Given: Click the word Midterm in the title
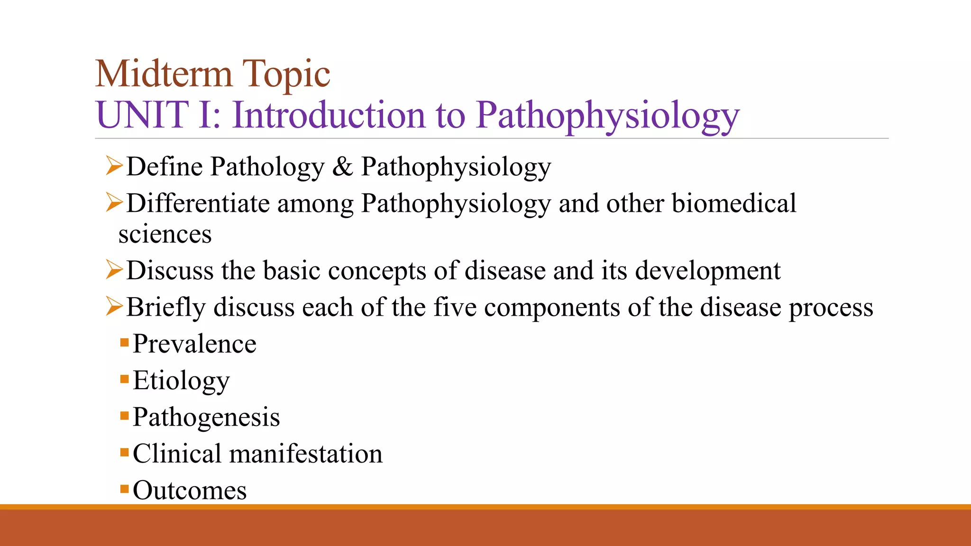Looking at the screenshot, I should click(x=164, y=74).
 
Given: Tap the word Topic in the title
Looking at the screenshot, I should click(x=286, y=75).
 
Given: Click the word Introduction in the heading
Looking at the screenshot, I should click(x=329, y=115).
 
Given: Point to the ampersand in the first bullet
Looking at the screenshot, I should click(x=342, y=167).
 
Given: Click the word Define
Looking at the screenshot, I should click(x=165, y=167).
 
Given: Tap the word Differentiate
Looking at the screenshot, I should click(x=198, y=203).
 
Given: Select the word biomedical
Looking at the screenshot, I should click(x=734, y=203).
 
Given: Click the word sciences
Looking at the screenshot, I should click(x=165, y=235).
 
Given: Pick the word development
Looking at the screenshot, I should click(x=707, y=271).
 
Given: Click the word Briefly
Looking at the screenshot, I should click(x=166, y=308).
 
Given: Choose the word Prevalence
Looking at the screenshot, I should click(x=194, y=344).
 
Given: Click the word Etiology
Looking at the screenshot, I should click(x=181, y=381).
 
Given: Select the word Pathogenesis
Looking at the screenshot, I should click(x=206, y=417).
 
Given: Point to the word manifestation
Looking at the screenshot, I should click(x=306, y=454).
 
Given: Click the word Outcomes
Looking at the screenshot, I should click(x=190, y=490).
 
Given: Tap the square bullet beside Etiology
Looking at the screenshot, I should click(x=125, y=379).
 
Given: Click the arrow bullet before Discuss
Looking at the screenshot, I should click(x=114, y=270).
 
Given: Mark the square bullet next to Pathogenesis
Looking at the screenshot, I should click(x=125, y=416).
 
